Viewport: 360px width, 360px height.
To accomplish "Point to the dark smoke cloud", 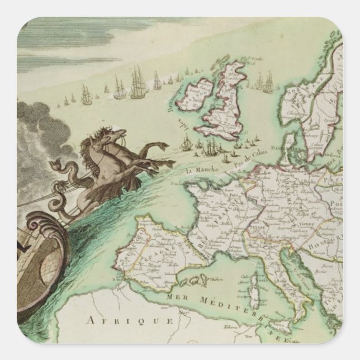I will point(34,140).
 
